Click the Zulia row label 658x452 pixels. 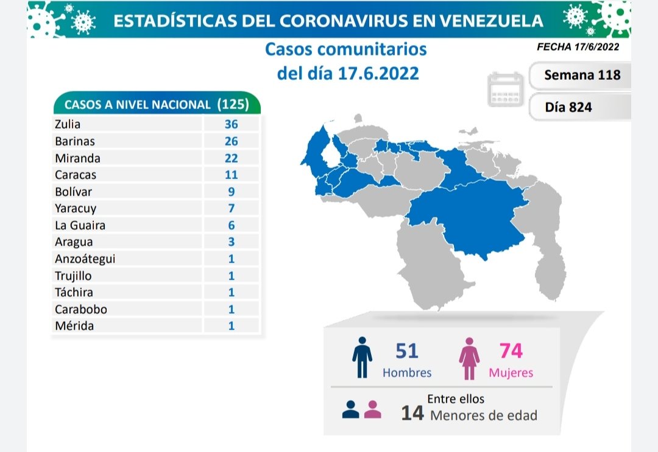(68, 124)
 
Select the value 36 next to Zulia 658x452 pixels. (230, 124)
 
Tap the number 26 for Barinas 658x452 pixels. (230, 141)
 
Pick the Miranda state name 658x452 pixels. (77, 158)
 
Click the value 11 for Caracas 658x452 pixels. (230, 175)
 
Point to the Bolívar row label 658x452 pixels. (73, 191)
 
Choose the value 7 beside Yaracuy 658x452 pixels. (231, 208)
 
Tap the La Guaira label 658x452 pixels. (80, 225)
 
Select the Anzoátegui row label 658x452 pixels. (85, 258)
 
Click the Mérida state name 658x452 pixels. (74, 325)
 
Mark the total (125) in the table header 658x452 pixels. (233, 104)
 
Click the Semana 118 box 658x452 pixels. (582, 75)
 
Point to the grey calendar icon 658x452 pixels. (506, 90)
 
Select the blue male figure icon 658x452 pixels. (362, 358)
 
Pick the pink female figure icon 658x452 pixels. (470, 358)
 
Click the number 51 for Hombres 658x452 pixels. (407, 351)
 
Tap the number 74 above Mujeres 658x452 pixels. (511, 351)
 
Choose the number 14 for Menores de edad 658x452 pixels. (412, 414)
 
